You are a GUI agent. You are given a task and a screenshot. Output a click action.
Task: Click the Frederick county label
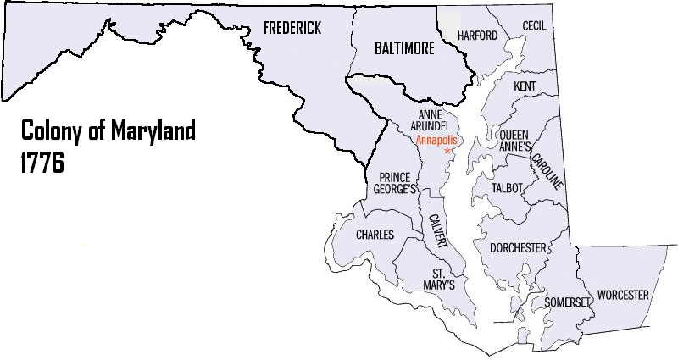click(x=292, y=29)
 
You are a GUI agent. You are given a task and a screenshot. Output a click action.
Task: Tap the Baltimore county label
click(x=404, y=49)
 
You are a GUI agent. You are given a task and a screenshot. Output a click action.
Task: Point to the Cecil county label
click(x=534, y=26)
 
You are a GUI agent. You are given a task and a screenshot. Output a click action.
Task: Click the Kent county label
click(x=525, y=87)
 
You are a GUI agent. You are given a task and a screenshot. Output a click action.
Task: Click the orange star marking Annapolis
click(x=447, y=150)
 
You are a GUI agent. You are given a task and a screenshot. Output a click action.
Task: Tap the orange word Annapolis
click(x=438, y=139)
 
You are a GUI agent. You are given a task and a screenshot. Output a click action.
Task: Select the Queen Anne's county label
click(x=514, y=141)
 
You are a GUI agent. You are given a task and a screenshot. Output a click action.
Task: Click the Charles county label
click(x=375, y=235)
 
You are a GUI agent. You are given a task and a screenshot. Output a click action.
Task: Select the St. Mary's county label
click(x=444, y=280)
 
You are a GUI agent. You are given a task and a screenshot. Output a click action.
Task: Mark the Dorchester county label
click(x=518, y=248)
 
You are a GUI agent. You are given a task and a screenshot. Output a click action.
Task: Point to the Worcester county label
click(x=623, y=296)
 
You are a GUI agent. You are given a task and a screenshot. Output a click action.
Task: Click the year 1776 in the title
click(x=42, y=163)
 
